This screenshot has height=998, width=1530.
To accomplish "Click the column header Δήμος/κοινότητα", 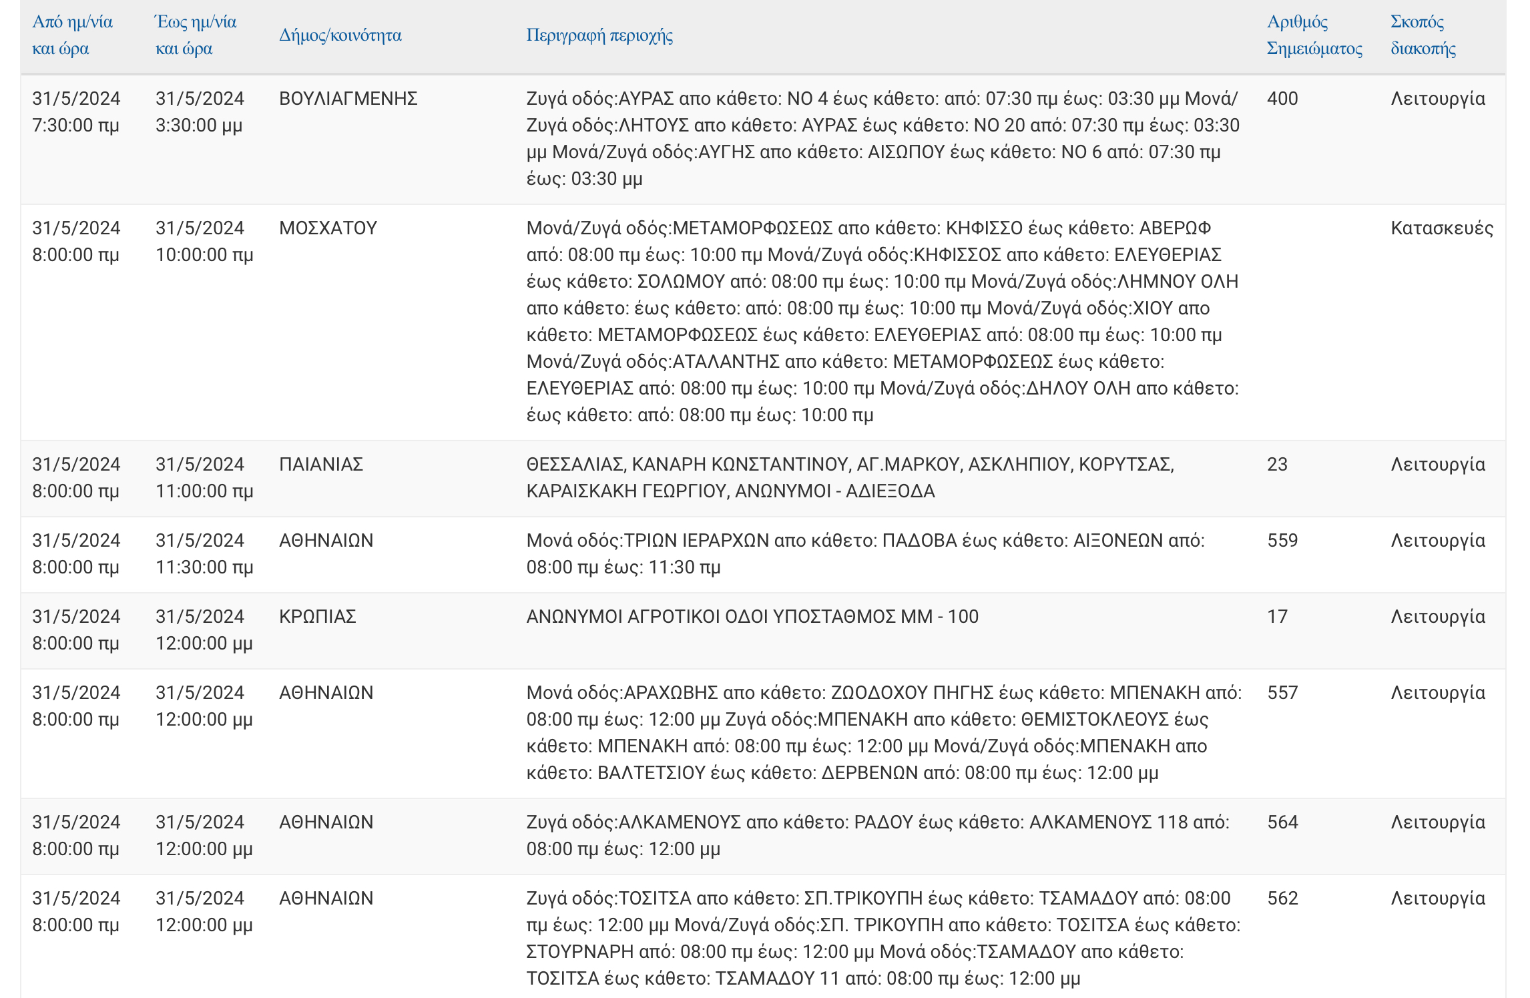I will pos(340,35).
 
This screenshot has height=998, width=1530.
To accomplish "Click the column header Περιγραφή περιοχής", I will pos(599,35).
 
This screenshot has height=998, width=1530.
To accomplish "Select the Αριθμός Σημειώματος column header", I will pos(1314,35).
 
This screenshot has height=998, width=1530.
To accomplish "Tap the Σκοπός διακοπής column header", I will pos(1423,35).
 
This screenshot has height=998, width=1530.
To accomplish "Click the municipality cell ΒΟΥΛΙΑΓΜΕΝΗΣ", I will pos(348,99).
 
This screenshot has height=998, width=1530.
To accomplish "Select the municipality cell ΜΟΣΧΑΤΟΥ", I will pos(328,228).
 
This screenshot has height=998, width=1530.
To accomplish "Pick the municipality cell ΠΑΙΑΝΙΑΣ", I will pos(320,465).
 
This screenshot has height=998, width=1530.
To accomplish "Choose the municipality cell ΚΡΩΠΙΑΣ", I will pos(317,617).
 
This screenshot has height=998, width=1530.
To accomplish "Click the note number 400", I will pos(1282,99).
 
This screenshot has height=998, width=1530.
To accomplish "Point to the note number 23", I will pos(1276,465).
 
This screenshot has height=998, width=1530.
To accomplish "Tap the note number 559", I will pos(1282,541).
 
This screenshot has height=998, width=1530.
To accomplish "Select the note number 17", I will pos(1276,617).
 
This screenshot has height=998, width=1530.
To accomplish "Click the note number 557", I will pos(1282,693).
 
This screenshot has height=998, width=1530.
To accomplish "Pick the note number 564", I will pos(1282,822).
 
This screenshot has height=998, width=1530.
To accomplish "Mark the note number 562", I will pos(1282,899).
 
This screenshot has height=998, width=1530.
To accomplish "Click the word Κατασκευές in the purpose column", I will pos(1441,228).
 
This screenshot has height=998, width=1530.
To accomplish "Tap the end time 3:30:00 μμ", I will pos(198,126).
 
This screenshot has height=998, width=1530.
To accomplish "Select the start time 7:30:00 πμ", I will pos(75,126).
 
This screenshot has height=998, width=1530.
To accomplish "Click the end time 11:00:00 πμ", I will pos(204,491).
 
